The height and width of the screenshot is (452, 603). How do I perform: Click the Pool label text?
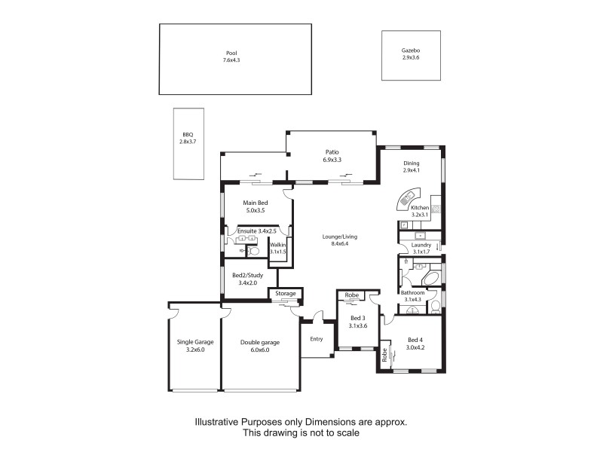point(231,53)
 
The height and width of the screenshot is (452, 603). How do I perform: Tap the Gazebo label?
point(410,50)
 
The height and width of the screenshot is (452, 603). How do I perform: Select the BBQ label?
point(188,135)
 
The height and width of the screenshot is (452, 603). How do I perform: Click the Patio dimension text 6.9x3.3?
point(332,160)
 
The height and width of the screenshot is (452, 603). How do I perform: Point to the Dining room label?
point(411,163)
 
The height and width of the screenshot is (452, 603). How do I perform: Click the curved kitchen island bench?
point(409,199)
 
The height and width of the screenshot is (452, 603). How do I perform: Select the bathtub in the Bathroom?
point(432,280)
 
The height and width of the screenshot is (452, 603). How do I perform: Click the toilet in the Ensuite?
point(253,251)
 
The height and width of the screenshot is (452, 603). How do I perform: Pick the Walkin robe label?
point(278,244)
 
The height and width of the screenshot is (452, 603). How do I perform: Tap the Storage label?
point(285,293)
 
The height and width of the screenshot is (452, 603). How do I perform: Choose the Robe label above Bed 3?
point(351,295)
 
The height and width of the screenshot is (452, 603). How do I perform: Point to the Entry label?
point(317,339)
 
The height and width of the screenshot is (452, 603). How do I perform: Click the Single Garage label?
point(195,342)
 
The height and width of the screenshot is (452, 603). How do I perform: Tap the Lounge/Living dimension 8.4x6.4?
point(340,244)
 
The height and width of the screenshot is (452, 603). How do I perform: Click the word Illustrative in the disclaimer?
point(217,423)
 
